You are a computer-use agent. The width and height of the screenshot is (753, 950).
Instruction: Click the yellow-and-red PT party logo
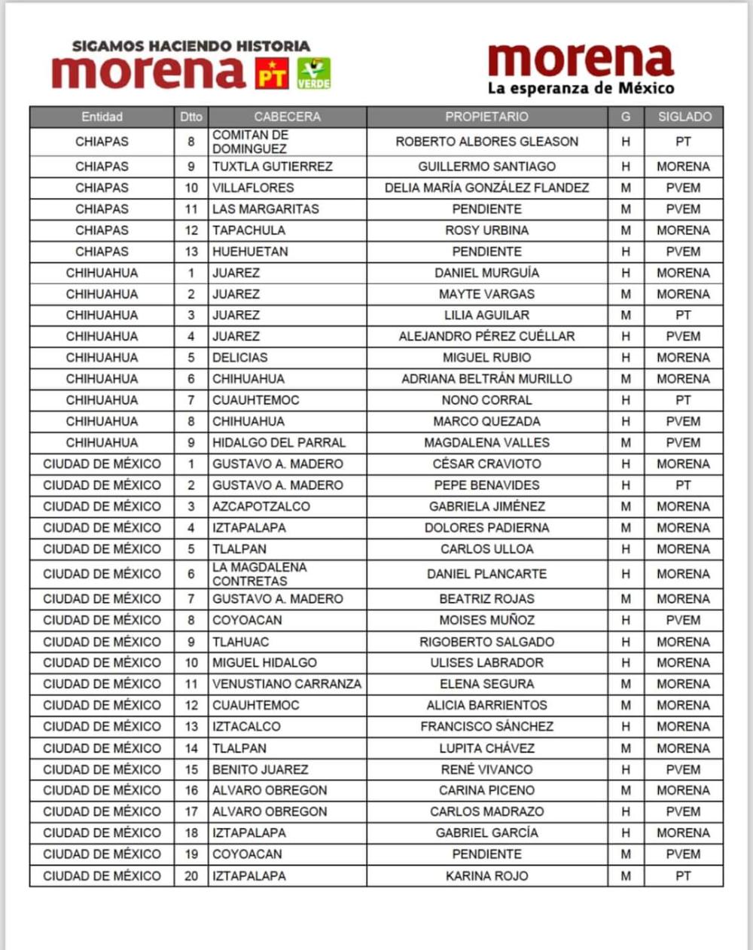(x=272, y=74)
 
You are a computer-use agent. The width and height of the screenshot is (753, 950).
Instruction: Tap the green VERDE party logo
(x=313, y=74)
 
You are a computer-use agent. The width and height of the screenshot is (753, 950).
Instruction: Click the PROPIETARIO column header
(x=486, y=117)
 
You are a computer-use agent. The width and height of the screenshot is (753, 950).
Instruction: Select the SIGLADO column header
(x=684, y=117)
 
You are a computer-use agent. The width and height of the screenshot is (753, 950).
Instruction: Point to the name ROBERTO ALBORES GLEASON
(x=486, y=142)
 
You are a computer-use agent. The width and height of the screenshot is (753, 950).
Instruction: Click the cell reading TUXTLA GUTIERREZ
(x=272, y=166)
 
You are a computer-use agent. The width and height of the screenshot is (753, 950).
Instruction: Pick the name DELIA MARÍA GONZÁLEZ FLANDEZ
(x=486, y=188)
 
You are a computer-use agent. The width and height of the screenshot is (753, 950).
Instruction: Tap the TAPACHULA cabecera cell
(x=248, y=231)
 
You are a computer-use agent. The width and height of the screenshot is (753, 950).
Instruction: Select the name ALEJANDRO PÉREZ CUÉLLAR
(x=486, y=337)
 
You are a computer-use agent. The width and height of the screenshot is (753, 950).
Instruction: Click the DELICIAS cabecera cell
(x=239, y=358)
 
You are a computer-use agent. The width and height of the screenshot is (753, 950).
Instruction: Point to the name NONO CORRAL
(x=486, y=400)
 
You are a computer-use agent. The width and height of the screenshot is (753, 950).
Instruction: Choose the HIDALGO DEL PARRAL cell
(x=279, y=443)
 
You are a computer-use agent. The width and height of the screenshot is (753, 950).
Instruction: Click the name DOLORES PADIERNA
(x=486, y=528)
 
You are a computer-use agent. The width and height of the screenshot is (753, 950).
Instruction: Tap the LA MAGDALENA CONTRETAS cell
(x=259, y=574)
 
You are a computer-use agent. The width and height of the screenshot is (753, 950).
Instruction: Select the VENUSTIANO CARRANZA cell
(x=286, y=684)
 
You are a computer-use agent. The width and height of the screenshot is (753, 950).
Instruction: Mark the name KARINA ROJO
(x=486, y=876)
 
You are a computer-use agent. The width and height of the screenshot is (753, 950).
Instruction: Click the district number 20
(x=191, y=876)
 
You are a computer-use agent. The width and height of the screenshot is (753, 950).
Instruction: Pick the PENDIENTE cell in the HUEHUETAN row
(x=486, y=252)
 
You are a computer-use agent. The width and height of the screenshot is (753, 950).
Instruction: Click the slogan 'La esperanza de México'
(x=581, y=88)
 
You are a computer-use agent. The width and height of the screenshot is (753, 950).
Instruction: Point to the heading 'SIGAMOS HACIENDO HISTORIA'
(x=191, y=46)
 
